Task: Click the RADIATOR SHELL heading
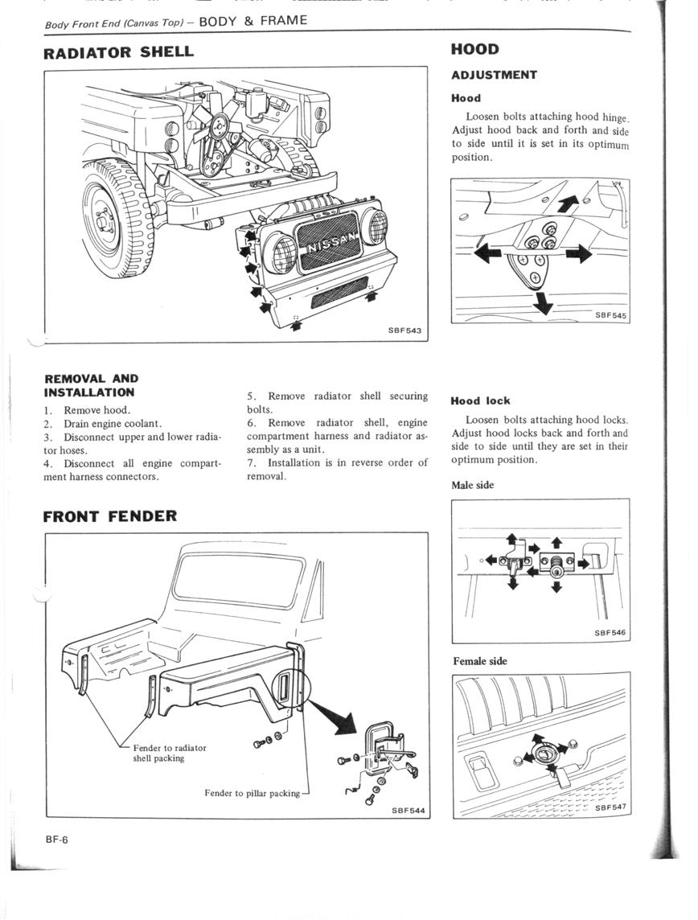click(118, 52)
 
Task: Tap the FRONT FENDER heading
click(110, 515)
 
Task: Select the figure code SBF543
click(404, 331)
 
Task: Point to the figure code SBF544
click(408, 811)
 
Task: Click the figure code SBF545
click(610, 316)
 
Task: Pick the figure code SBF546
click(610, 633)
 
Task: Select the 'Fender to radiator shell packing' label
click(169, 753)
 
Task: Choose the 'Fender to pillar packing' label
click(252, 793)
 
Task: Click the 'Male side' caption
click(473, 485)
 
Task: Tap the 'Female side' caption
click(480, 661)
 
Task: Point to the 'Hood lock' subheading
click(480, 400)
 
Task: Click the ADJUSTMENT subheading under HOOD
click(494, 75)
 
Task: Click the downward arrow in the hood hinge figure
click(544, 302)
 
